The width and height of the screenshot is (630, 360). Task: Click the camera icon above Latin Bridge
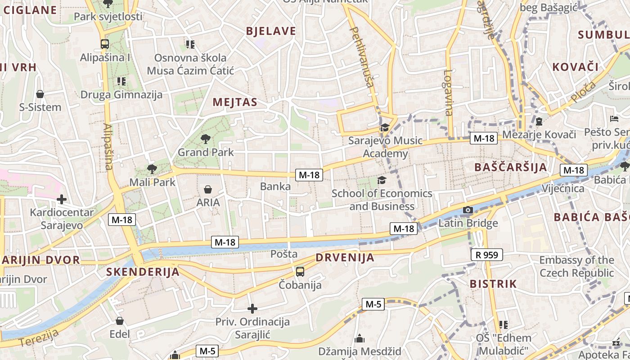(468, 210)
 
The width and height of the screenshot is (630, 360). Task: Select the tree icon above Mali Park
(152, 169)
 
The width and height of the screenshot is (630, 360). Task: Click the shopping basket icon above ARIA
(208, 189)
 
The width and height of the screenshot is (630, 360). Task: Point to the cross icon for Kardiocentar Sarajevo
(62, 199)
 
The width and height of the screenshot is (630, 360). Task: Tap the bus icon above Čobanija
(300, 272)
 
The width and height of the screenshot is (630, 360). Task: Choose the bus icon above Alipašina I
(105, 44)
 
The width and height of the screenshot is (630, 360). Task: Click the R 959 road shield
(487, 255)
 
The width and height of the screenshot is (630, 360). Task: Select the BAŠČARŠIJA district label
(511, 167)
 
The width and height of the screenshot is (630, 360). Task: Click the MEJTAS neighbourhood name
(235, 102)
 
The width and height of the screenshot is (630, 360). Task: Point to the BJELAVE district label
(271, 31)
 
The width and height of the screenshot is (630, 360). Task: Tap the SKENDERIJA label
(143, 272)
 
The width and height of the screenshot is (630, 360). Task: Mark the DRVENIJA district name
(345, 258)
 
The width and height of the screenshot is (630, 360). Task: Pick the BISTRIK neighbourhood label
(493, 284)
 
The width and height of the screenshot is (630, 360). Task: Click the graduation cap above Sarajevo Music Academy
(385, 128)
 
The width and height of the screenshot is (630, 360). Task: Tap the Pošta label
(284, 254)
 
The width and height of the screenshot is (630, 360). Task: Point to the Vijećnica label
(563, 188)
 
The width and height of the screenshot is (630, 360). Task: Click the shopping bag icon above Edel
(120, 321)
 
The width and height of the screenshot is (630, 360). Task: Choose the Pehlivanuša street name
(362, 56)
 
